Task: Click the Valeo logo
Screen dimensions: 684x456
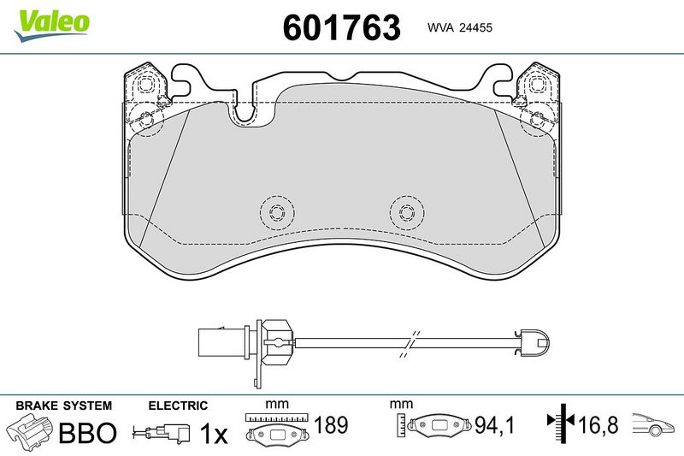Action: (51, 26)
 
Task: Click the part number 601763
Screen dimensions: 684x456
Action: (341, 27)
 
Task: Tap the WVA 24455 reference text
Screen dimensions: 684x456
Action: (460, 27)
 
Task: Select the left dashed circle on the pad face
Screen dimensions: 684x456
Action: (276, 213)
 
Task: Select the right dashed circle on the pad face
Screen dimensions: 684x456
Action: (407, 213)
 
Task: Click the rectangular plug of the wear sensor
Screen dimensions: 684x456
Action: (225, 342)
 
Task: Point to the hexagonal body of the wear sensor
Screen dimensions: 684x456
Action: (278, 342)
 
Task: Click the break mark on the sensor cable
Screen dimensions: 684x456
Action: (410, 344)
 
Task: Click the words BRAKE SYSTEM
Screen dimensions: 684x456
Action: (63, 406)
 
